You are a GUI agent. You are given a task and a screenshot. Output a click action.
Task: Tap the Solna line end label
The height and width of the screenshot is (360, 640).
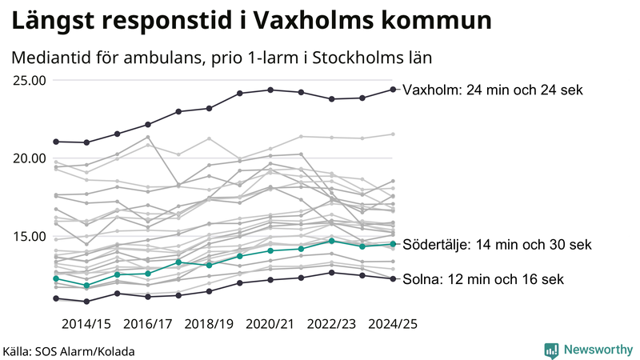(x=484, y=279)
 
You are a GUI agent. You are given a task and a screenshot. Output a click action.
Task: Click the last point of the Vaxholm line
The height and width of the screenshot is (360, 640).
(x=393, y=90)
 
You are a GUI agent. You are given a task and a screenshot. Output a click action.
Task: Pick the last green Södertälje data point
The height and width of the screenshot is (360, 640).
(x=393, y=244)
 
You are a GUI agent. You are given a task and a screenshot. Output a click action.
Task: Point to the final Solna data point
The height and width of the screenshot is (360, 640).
(x=393, y=278)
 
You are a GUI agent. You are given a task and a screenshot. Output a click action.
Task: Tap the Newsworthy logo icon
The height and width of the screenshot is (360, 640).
(x=551, y=350)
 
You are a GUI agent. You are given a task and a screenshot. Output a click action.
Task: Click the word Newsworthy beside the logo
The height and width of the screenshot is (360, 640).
(x=596, y=350)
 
